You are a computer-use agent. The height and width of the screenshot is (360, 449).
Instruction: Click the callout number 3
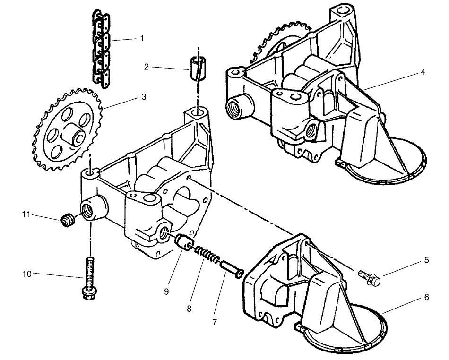143,97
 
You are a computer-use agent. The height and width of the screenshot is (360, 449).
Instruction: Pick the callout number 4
423,72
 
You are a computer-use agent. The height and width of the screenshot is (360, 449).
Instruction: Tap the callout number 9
166,291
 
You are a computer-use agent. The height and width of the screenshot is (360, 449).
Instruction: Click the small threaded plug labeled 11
67,220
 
